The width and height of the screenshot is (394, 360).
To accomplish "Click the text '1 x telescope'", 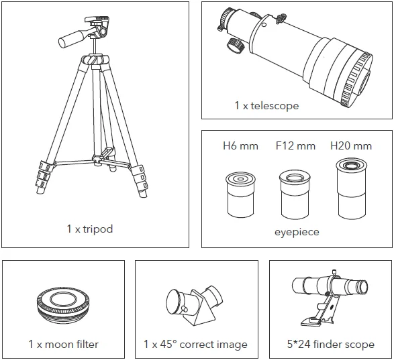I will tap(266, 106).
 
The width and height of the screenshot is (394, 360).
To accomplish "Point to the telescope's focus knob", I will tap(233, 45).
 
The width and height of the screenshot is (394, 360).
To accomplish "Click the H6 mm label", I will tap(239, 145).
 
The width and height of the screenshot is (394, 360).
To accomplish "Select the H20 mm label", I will tap(350, 145).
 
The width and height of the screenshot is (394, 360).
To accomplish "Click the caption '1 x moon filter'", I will tap(63, 345).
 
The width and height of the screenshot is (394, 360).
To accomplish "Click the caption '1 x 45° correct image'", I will tap(195, 345).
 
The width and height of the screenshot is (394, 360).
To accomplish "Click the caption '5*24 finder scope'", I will tap(330, 345).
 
